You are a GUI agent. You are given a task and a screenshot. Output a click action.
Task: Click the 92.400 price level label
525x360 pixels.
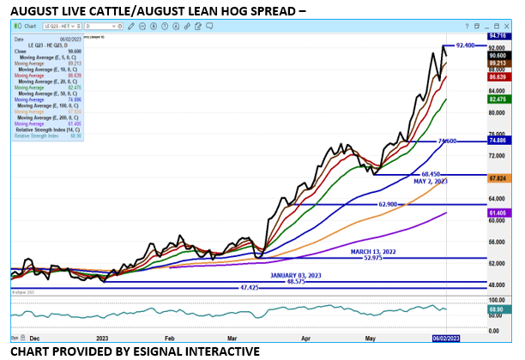point(466,45)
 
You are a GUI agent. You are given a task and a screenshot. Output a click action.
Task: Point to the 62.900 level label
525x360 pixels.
point(391,205)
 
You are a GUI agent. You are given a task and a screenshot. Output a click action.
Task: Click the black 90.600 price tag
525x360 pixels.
point(499,54)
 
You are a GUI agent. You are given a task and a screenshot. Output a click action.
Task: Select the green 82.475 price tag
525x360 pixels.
point(499,99)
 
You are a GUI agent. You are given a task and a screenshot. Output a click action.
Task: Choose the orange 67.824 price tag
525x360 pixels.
point(499,178)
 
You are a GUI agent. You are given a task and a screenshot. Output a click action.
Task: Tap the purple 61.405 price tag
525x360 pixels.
point(499,211)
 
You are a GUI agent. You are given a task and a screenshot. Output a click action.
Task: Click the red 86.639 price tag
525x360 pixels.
point(499,77)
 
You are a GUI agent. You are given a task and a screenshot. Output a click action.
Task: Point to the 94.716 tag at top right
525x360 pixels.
point(499,37)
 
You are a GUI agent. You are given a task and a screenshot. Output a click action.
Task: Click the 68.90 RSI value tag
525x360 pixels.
point(499,307)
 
